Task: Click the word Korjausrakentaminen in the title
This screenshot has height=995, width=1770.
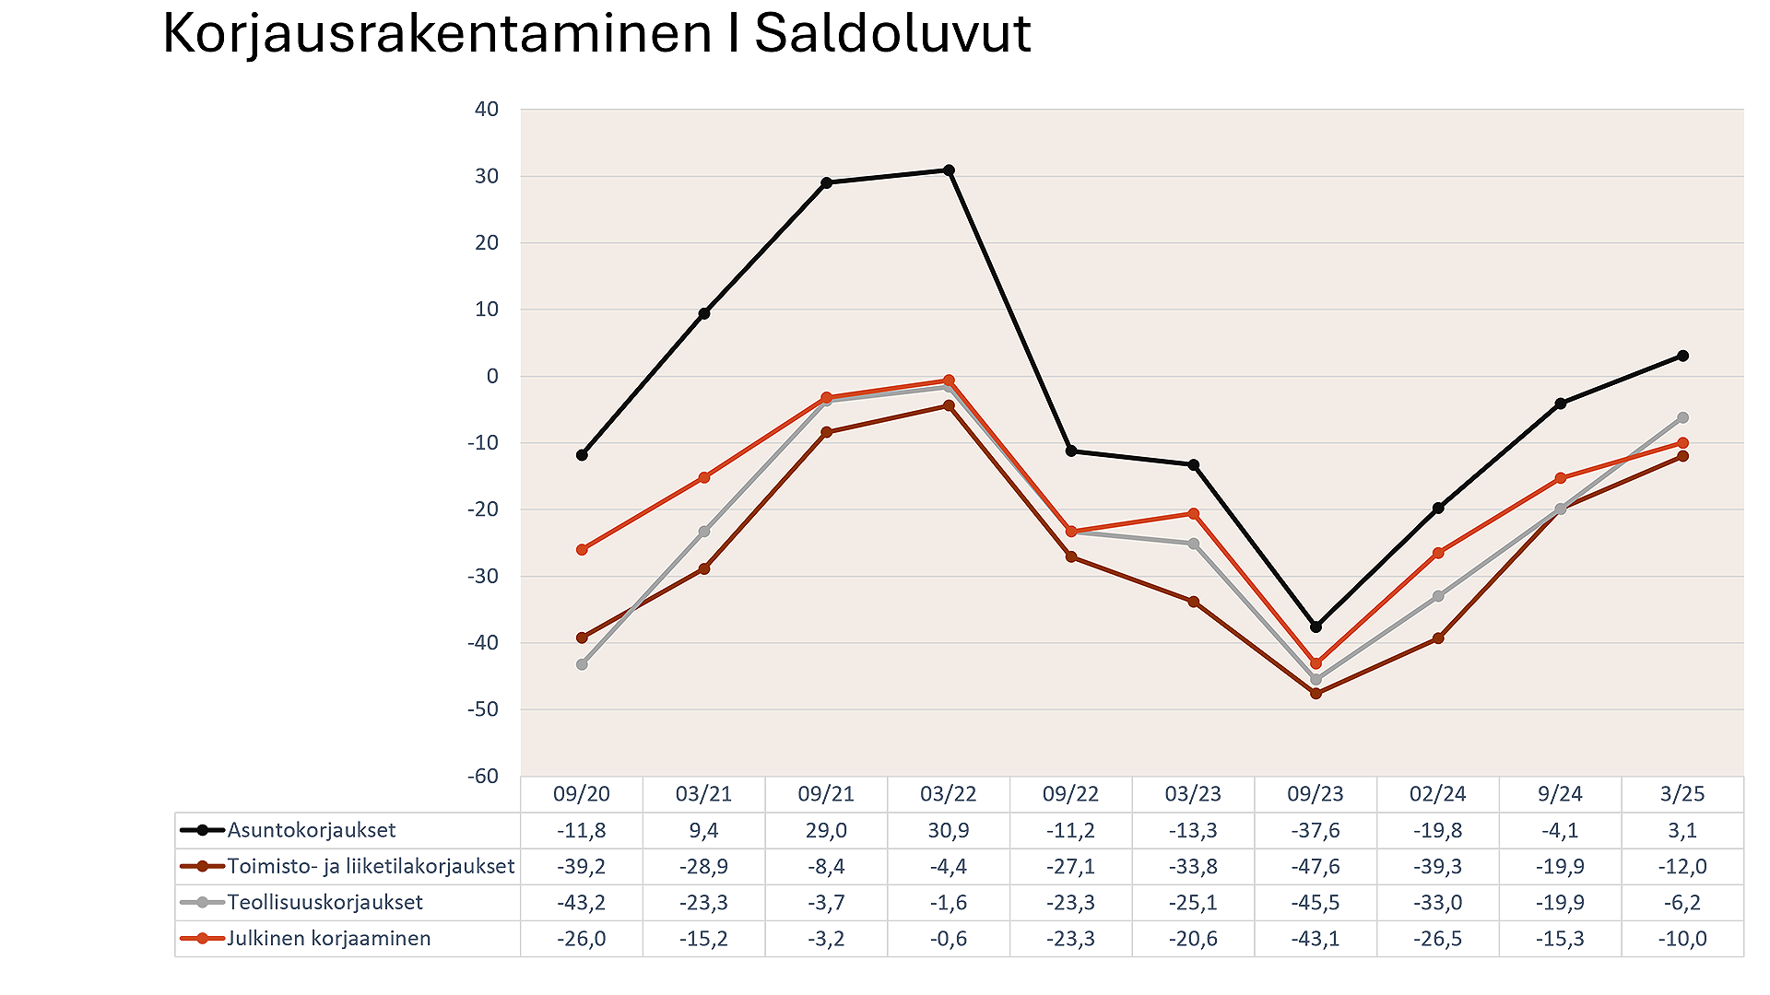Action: click(438, 35)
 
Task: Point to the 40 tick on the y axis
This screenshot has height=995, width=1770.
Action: click(487, 110)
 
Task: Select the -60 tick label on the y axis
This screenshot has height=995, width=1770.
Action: click(483, 776)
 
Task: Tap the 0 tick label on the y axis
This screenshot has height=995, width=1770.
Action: click(492, 376)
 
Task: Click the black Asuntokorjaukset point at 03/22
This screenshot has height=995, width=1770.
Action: click(949, 170)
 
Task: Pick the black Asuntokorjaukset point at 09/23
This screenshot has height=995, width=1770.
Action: click(1316, 626)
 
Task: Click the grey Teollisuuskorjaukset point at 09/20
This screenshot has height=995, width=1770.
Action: click(582, 664)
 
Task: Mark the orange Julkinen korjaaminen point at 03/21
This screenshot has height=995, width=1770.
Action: click(704, 477)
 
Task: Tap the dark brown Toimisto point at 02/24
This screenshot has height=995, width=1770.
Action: click(1438, 638)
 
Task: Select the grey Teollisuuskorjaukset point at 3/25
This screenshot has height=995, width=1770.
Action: click(1682, 417)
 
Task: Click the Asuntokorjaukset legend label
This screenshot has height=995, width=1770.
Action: click(312, 830)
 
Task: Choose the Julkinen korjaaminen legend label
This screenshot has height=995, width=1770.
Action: click(329, 939)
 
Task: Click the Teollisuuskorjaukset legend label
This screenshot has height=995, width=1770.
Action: click(325, 903)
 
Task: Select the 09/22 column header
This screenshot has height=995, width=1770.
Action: click(1070, 794)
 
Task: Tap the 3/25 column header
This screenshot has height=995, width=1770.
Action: click(1682, 794)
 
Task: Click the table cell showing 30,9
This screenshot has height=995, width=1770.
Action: click(949, 830)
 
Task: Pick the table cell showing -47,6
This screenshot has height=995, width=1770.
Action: click(1316, 867)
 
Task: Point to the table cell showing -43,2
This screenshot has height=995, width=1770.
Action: click(582, 903)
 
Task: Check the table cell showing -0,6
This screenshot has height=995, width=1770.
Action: click(949, 939)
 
